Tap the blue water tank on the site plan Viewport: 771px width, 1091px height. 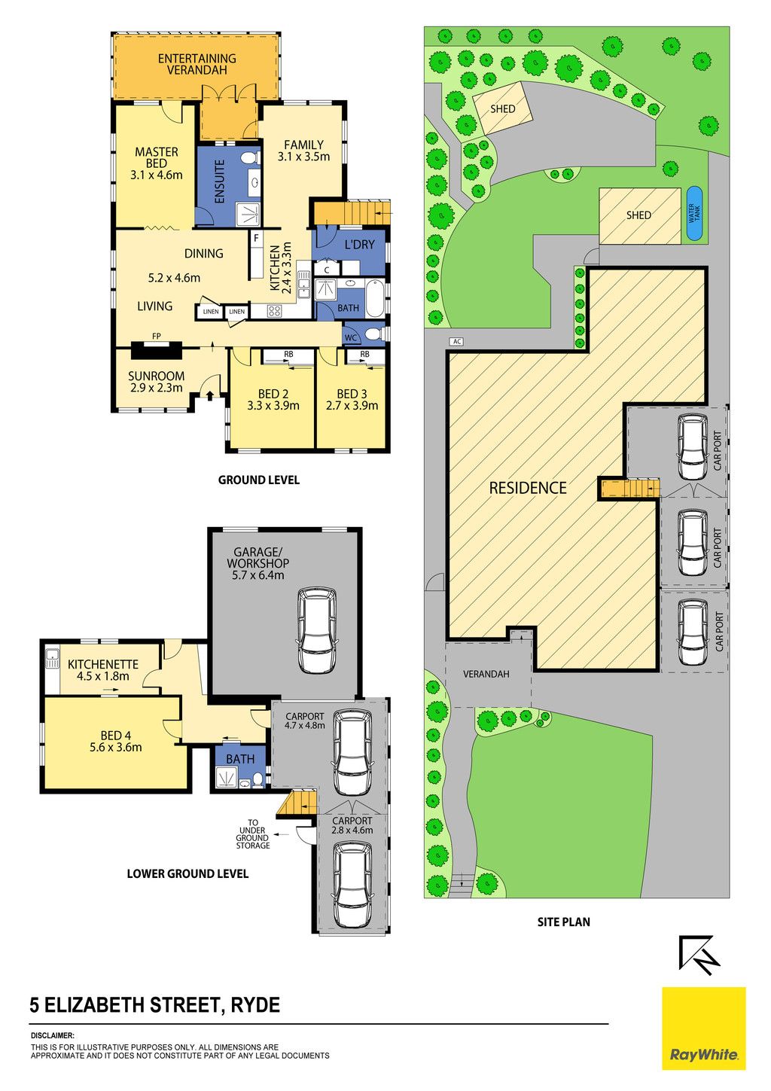click(x=693, y=214)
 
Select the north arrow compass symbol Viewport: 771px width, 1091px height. click(x=699, y=954)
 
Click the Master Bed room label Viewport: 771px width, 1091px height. click(x=157, y=163)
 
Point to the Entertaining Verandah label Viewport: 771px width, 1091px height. click(x=197, y=64)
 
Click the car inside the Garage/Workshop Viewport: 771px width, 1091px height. click(x=316, y=631)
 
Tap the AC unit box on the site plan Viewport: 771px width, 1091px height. click(x=456, y=341)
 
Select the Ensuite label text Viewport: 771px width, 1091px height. click(x=219, y=181)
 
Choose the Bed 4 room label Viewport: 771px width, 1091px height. click(x=115, y=742)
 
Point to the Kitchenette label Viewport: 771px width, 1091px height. click(x=102, y=669)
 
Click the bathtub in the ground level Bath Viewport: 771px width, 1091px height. click(x=374, y=298)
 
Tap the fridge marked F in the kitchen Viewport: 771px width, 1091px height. click(x=256, y=254)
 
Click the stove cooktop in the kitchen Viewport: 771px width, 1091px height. click(x=274, y=311)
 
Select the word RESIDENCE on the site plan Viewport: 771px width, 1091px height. click(x=528, y=488)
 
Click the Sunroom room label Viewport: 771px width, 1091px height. click(x=156, y=382)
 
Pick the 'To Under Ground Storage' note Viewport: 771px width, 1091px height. click(x=253, y=833)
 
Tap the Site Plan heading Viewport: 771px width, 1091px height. click(x=563, y=922)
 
